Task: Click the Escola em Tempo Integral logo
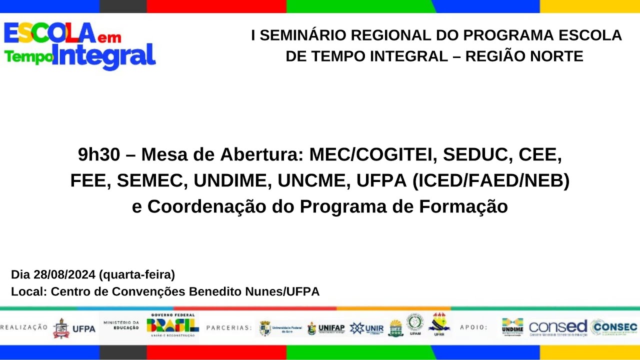(80, 46)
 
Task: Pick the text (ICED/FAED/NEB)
(490, 181)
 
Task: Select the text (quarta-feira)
(137, 274)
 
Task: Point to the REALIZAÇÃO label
(24, 327)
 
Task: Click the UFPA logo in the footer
(74, 328)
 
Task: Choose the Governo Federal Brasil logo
(172, 325)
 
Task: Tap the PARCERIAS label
(229, 328)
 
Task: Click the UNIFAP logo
(326, 328)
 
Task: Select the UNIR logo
(367, 328)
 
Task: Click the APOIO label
(473, 328)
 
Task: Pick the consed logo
(558, 327)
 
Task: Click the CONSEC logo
(614, 327)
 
